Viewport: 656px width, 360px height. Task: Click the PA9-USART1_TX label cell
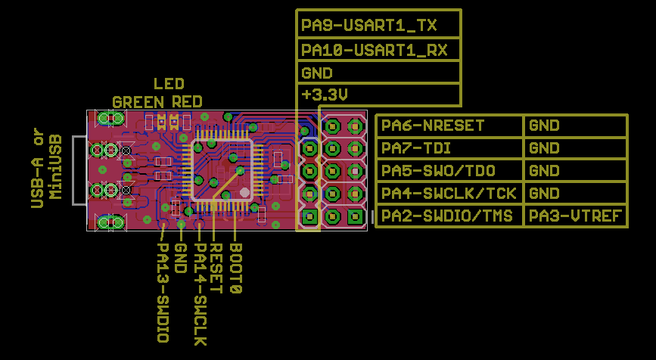(x=369, y=26)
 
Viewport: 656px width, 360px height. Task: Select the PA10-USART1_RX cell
(x=374, y=50)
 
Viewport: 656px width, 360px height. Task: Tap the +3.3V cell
(x=324, y=95)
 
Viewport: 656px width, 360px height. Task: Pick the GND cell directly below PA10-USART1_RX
(x=317, y=73)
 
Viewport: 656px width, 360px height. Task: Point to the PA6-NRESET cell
(x=433, y=126)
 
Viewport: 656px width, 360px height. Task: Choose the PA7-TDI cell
(x=417, y=148)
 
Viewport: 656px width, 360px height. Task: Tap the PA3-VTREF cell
(x=575, y=216)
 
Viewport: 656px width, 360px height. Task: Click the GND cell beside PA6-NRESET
(x=544, y=126)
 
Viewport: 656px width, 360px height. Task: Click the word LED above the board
(x=169, y=84)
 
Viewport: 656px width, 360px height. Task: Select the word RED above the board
(x=188, y=101)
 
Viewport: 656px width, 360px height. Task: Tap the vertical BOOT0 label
(x=235, y=268)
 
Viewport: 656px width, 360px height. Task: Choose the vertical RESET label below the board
(x=216, y=268)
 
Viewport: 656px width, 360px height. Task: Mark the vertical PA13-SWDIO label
(x=162, y=292)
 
